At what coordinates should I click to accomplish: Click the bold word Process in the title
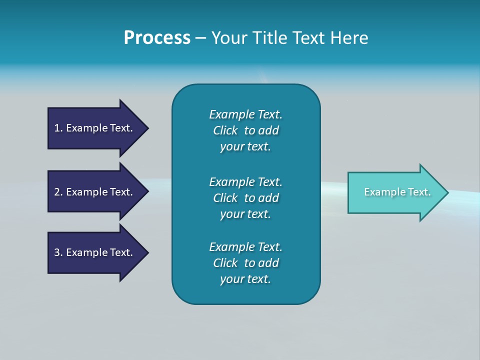(157, 38)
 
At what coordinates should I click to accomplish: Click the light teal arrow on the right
(395, 192)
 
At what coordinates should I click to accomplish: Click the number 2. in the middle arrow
(58, 192)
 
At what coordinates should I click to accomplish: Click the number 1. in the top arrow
(58, 128)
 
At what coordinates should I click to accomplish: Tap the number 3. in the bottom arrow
(58, 252)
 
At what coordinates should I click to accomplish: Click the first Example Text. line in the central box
(245, 114)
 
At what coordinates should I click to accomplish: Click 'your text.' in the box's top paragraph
(245, 146)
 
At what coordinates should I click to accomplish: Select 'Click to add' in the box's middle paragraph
(245, 198)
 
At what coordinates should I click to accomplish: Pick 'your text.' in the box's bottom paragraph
(245, 279)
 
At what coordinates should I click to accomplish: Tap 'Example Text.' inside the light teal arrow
(397, 192)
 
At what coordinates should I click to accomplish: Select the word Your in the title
(229, 38)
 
